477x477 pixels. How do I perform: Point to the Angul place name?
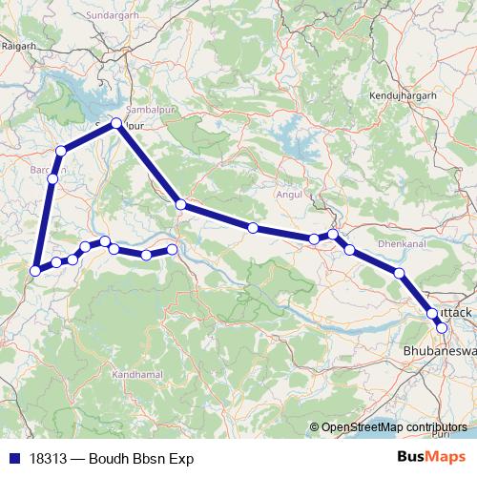point(288,193)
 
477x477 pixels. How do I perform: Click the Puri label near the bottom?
point(438,434)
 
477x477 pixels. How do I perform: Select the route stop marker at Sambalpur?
point(116,123)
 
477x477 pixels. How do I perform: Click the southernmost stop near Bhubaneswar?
point(442,327)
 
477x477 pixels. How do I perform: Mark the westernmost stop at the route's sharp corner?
point(35,270)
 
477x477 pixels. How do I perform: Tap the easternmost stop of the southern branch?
point(173,249)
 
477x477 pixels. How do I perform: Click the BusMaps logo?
point(438,459)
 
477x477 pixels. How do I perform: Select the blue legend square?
point(10,459)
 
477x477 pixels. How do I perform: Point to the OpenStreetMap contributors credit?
point(394,426)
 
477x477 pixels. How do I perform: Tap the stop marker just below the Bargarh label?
point(52,178)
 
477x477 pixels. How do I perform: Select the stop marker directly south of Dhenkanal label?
point(399,274)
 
